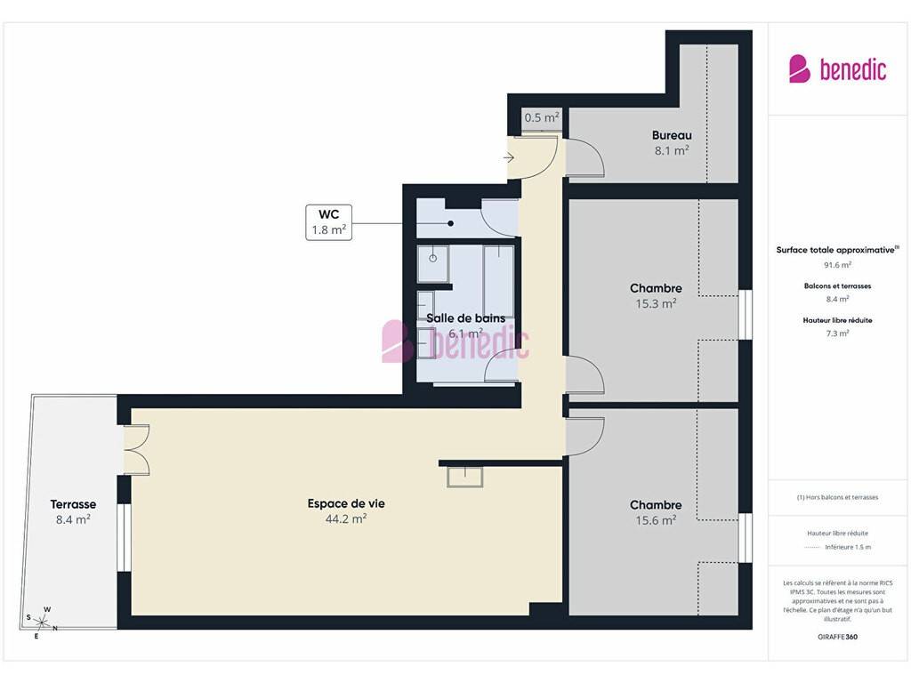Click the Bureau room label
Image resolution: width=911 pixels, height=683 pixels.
pyautogui.click(x=672, y=135)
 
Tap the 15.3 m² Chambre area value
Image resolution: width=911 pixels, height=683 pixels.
pyautogui.click(x=656, y=303)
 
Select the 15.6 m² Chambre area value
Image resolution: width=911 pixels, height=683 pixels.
pyautogui.click(x=656, y=520)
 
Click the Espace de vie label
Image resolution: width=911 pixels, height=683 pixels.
pyautogui.click(x=346, y=503)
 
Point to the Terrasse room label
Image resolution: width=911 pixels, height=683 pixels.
pyautogui.click(x=73, y=504)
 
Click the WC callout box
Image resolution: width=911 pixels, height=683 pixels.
pyautogui.click(x=329, y=221)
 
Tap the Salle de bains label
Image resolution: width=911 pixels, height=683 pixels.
pyautogui.click(x=466, y=318)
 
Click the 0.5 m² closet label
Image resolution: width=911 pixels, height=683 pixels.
pyautogui.click(x=542, y=117)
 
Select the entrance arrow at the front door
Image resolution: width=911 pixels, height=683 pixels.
pyautogui.click(x=508, y=157)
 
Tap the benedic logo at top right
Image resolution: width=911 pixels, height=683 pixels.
pyautogui.click(x=837, y=69)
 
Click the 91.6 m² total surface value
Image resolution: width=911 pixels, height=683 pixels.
pyautogui.click(x=837, y=265)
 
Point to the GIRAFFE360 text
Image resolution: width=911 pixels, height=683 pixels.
pyautogui.click(x=837, y=637)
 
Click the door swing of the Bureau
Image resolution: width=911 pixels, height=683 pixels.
pyautogui.click(x=585, y=157)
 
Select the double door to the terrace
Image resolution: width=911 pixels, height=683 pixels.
pyautogui.click(x=137, y=450)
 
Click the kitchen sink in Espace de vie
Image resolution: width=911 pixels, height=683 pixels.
pyautogui.click(x=464, y=477)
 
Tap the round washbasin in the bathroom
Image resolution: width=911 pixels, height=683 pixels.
pyautogui.click(x=433, y=259)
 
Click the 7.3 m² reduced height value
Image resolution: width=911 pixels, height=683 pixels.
pyautogui.click(x=837, y=333)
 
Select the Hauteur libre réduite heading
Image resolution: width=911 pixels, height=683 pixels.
pyautogui.click(x=837, y=320)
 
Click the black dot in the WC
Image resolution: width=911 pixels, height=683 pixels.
pyautogui.click(x=451, y=223)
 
